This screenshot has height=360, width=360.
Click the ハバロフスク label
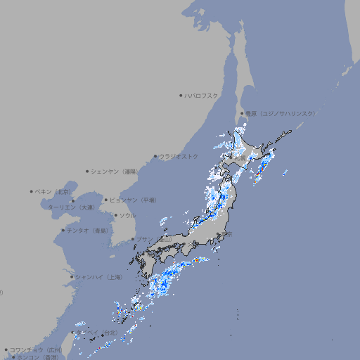[x=202, y=95]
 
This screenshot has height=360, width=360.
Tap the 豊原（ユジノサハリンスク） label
[x=280, y=113]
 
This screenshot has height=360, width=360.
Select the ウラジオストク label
[x=179, y=156]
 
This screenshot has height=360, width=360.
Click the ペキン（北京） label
[x=54, y=191]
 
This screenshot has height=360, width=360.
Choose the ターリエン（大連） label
[x=71, y=207]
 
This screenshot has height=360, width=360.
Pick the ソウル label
[x=127, y=215]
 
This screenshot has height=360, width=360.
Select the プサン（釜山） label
[x=153, y=239]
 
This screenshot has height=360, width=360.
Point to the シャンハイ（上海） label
[x=98, y=277]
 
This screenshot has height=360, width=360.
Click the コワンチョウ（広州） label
[x=36, y=349]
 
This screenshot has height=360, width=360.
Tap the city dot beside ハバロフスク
[x=181, y=95]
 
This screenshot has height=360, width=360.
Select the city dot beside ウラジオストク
[x=155, y=156]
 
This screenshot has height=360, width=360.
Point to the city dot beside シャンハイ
[x=72, y=277]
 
